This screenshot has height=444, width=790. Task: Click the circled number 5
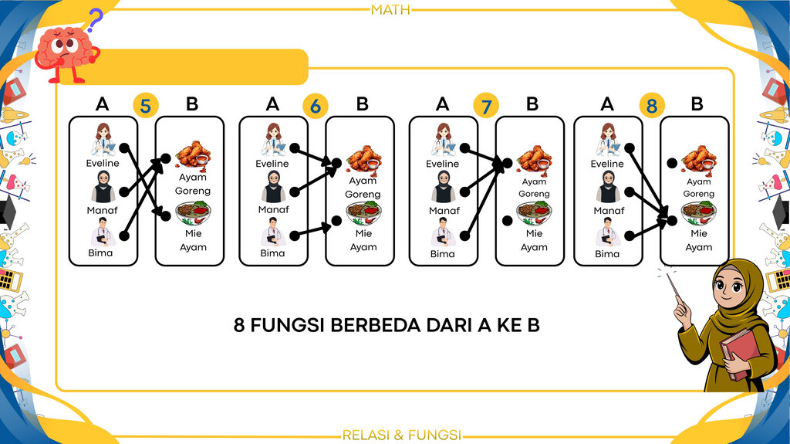146,106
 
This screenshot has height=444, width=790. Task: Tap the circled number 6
316,106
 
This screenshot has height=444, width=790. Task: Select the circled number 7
486,106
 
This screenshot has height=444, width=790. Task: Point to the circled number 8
652,106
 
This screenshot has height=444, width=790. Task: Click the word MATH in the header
390,9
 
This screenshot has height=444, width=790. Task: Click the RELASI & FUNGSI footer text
401,435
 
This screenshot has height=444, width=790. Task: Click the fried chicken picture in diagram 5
193,155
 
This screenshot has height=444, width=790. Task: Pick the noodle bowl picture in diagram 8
699,213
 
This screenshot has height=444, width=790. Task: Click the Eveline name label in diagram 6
272,164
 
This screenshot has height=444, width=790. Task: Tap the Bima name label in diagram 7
442,254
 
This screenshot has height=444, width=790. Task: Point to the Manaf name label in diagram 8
609,210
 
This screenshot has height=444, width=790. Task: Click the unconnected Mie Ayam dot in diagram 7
508,221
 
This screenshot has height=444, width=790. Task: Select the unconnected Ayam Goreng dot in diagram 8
672,163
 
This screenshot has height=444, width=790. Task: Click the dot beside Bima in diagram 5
124,236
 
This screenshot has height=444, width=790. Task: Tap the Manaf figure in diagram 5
103,187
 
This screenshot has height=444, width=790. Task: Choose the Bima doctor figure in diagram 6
273,232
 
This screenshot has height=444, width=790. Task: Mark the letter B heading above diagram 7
532,104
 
